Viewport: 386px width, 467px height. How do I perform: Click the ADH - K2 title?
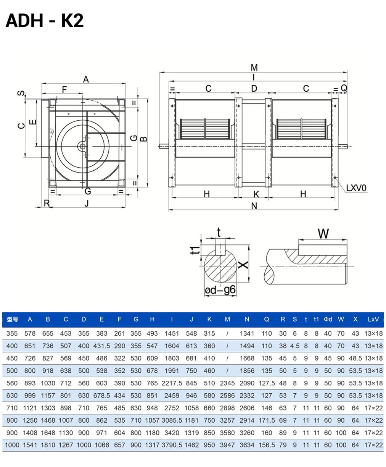point(44,21)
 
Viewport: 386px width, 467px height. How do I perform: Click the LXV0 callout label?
point(356,188)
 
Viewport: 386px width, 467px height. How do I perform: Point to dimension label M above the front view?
point(254,68)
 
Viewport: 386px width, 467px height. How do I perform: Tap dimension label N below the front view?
point(254,206)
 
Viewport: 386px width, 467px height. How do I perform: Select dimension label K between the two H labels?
point(256,194)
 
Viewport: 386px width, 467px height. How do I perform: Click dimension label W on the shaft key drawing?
point(323,233)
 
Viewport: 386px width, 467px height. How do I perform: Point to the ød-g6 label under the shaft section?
point(220,291)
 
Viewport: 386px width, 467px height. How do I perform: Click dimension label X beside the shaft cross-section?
point(243,264)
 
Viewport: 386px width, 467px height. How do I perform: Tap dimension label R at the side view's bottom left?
point(47,203)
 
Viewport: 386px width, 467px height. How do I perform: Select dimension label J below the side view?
point(87,203)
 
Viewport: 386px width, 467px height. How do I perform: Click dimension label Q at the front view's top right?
point(344,89)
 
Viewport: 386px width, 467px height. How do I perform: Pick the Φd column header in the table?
point(328,319)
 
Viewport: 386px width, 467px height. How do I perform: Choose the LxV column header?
point(373,319)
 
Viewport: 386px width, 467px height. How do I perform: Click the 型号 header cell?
point(13,319)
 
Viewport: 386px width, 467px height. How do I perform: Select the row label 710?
point(12,408)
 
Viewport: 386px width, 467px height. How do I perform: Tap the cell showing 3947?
point(227,445)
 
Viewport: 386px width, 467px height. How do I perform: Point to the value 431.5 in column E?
point(101,346)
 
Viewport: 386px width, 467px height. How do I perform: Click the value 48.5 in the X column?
point(355,358)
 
